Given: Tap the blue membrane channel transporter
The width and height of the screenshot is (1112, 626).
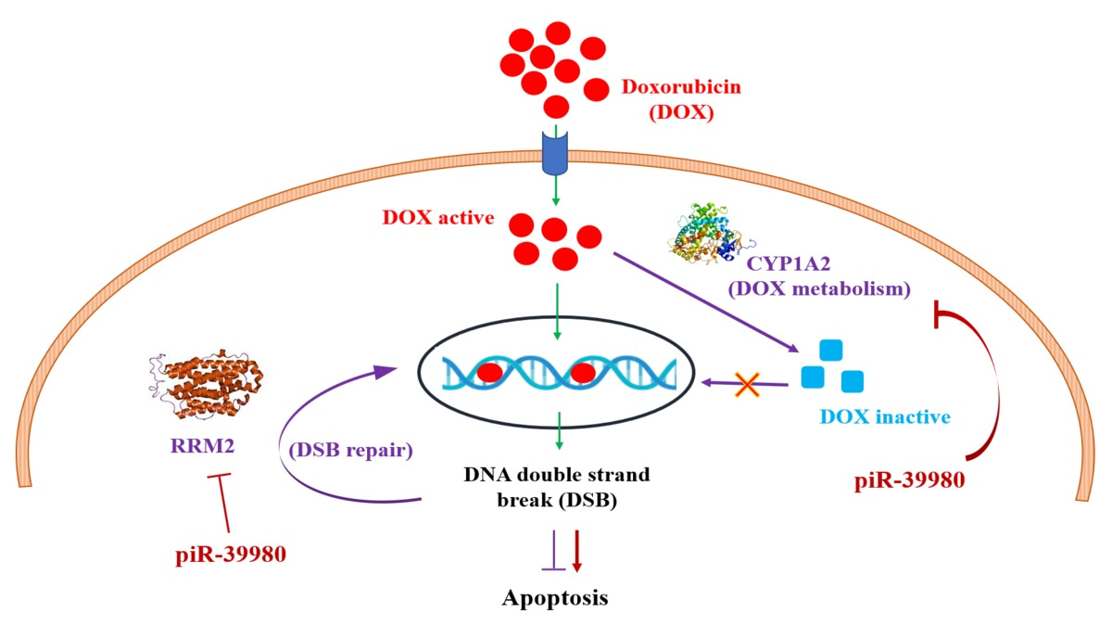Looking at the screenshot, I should (x=555, y=153).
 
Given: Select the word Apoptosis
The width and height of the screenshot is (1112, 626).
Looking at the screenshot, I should (x=555, y=596).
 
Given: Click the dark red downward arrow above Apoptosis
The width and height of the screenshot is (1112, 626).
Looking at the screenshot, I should (x=576, y=548).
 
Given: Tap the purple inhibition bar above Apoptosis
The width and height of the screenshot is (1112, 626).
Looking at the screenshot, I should (x=553, y=550).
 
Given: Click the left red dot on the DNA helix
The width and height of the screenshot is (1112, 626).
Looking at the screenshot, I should (x=491, y=373).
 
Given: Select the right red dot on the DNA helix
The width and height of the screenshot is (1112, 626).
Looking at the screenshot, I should (x=582, y=373).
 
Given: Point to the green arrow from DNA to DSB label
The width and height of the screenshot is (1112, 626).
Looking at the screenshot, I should (x=556, y=436).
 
